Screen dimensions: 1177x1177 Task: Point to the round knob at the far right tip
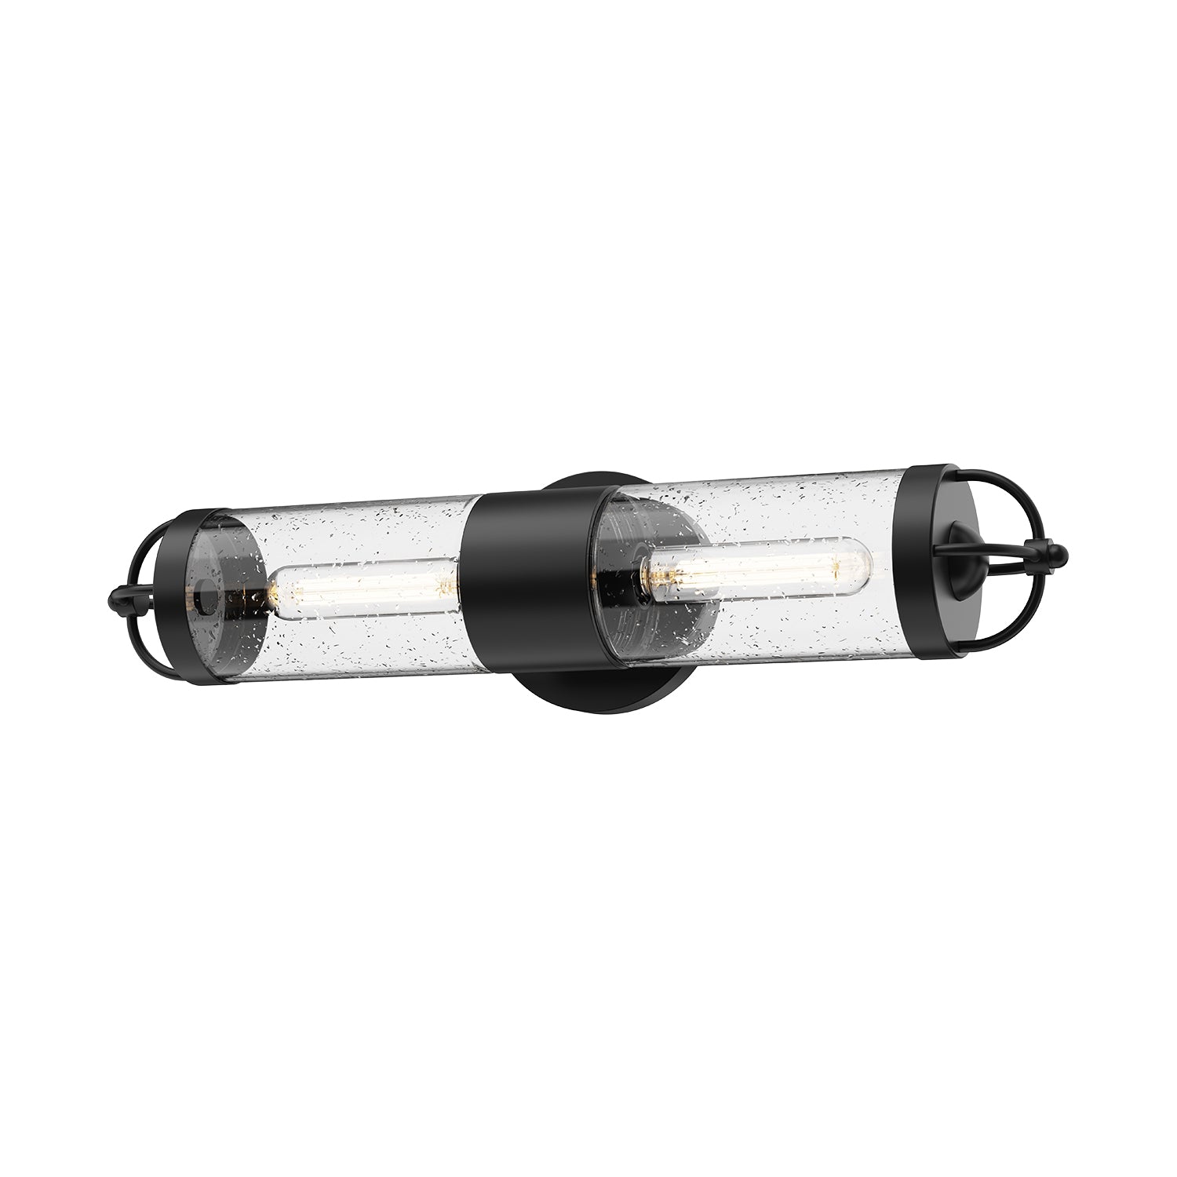coord(1059,557)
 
